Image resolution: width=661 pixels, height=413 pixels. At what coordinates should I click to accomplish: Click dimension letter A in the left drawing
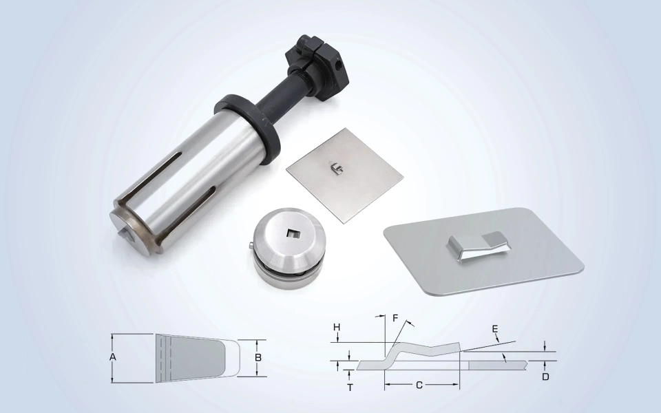pyautogui.click(x=112, y=357)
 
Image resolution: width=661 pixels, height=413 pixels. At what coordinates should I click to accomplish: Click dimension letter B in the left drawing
pyautogui.click(x=258, y=357)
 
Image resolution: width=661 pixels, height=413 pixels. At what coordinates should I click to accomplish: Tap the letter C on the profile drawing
pyautogui.click(x=419, y=385)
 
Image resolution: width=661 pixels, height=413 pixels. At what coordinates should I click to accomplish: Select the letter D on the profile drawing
pyautogui.click(x=545, y=377)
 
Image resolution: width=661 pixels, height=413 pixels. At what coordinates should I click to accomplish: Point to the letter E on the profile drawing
pyautogui.click(x=495, y=329)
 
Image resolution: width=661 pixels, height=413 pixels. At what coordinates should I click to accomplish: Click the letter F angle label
pyautogui.click(x=395, y=318)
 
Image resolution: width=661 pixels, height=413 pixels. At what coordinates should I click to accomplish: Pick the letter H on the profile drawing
pyautogui.click(x=337, y=328)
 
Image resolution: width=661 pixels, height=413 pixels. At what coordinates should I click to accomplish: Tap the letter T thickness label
pyautogui.click(x=350, y=388)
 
